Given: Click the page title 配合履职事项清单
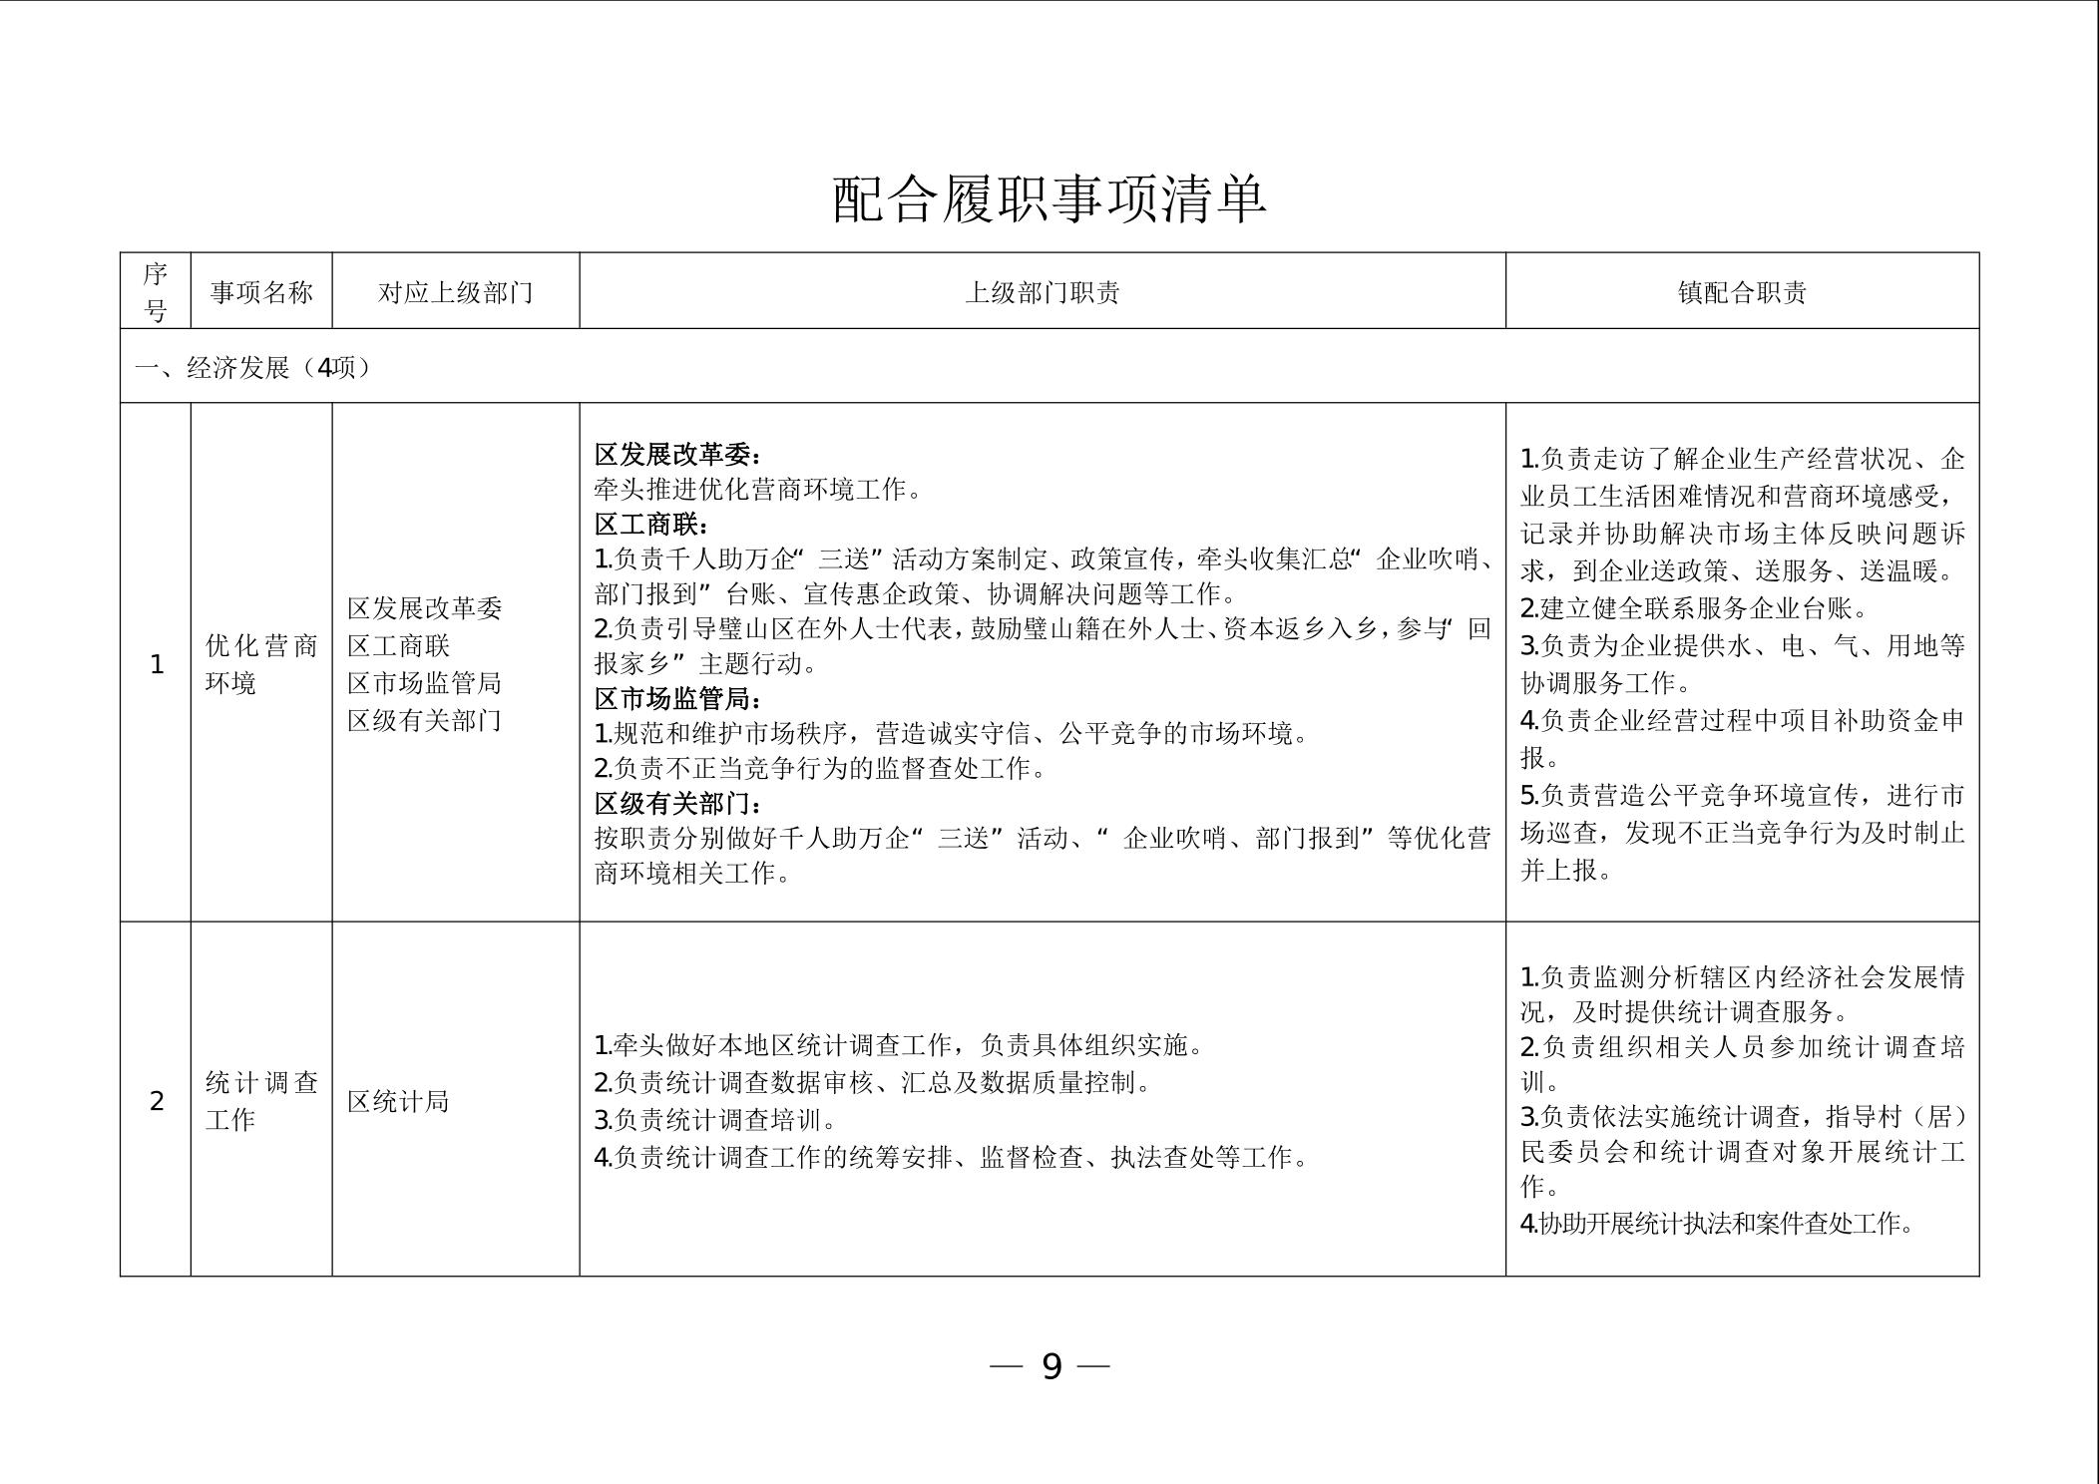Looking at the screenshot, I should coord(1049,198).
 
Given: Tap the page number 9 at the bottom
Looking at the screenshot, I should coord(1050,1365).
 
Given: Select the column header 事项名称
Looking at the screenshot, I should coord(261,292).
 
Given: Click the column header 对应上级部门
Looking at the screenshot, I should coord(455,292).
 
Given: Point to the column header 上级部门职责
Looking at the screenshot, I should coord(1042,292).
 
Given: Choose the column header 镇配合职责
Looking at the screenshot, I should coord(1742,292).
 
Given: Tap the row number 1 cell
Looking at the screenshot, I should coord(156,664).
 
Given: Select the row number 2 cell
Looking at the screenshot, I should coord(156,1101).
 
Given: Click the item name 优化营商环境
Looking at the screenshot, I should coord(261,664).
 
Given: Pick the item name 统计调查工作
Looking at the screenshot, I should coord(261,1101).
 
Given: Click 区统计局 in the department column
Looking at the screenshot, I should coord(398,1101).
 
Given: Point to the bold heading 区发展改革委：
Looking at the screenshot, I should coord(678,455).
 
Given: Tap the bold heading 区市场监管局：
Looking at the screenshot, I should coord(678,699).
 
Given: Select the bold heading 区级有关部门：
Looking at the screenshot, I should coord(678,804).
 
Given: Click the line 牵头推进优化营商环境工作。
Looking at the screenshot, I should coord(758,490).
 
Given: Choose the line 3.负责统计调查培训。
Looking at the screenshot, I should coord(715,1120).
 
